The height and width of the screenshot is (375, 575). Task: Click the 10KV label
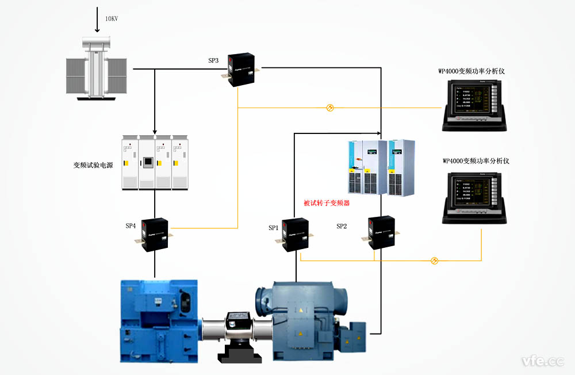111,19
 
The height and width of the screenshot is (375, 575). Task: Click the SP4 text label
131,226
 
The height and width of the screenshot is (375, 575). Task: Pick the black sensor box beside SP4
154,235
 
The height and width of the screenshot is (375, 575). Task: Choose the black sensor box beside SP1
296,234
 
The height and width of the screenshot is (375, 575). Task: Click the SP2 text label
342,227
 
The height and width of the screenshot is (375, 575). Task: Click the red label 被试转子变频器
327,203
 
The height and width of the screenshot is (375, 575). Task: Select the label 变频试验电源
93,165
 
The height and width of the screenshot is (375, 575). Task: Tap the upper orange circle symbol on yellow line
330,108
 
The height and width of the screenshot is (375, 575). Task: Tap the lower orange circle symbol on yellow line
434,261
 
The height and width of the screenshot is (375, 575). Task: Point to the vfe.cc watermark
543,361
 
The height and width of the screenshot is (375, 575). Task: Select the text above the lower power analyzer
476,161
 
